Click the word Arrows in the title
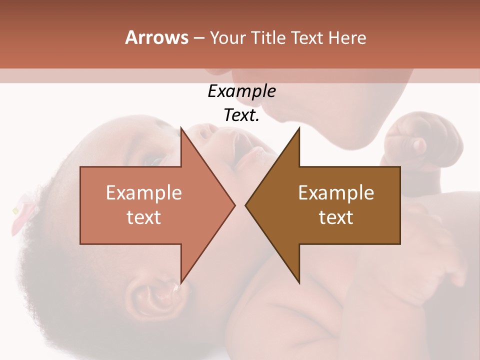click(x=156, y=37)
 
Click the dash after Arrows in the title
click(x=198, y=38)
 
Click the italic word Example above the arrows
click(x=241, y=91)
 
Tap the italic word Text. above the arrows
click(x=241, y=115)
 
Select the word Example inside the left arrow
click(x=144, y=193)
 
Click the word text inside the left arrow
click(x=144, y=217)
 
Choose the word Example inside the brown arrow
click(x=336, y=193)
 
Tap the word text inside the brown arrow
click(x=336, y=217)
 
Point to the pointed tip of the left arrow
click(x=234, y=205)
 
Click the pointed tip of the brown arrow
click(x=246, y=205)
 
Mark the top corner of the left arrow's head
click(x=181, y=127)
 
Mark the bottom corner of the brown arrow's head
click(x=299, y=283)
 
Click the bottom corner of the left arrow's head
click(x=181, y=283)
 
